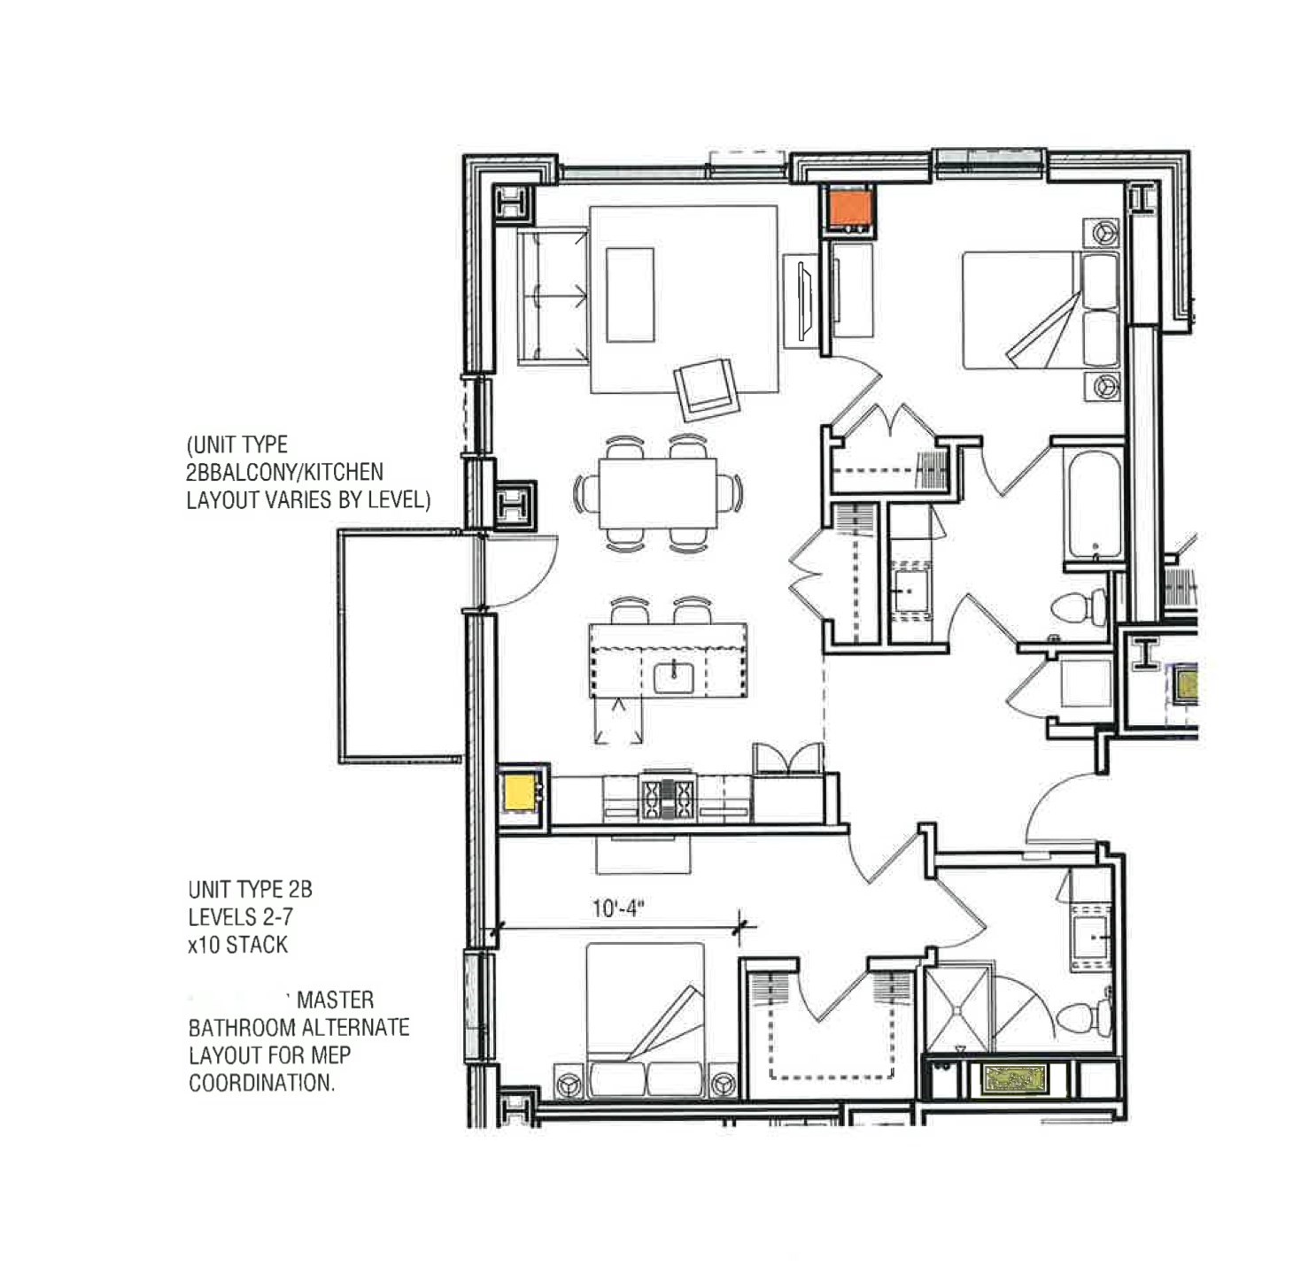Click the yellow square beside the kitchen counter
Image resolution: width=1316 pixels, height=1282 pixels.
(x=520, y=792)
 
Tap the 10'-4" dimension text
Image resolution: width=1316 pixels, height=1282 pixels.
(x=617, y=909)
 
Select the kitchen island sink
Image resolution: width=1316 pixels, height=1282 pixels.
(x=676, y=678)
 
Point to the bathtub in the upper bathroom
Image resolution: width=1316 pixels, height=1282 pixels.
(x=1095, y=506)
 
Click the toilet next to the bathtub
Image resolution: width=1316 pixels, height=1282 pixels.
(x=1080, y=607)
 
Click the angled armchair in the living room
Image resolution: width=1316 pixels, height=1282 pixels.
(x=707, y=390)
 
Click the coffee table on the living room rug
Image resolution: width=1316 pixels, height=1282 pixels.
(x=630, y=295)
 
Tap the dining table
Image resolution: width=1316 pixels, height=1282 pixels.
(x=657, y=493)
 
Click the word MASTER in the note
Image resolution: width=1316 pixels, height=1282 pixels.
(x=335, y=1000)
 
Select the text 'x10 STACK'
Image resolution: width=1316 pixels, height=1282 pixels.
(x=237, y=945)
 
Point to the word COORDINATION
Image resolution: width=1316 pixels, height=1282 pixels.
(x=261, y=1083)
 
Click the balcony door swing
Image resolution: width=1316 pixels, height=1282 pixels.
(x=518, y=571)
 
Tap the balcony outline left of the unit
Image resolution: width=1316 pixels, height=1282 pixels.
(x=399, y=646)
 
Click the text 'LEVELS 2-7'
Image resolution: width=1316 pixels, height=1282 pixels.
(x=240, y=917)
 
